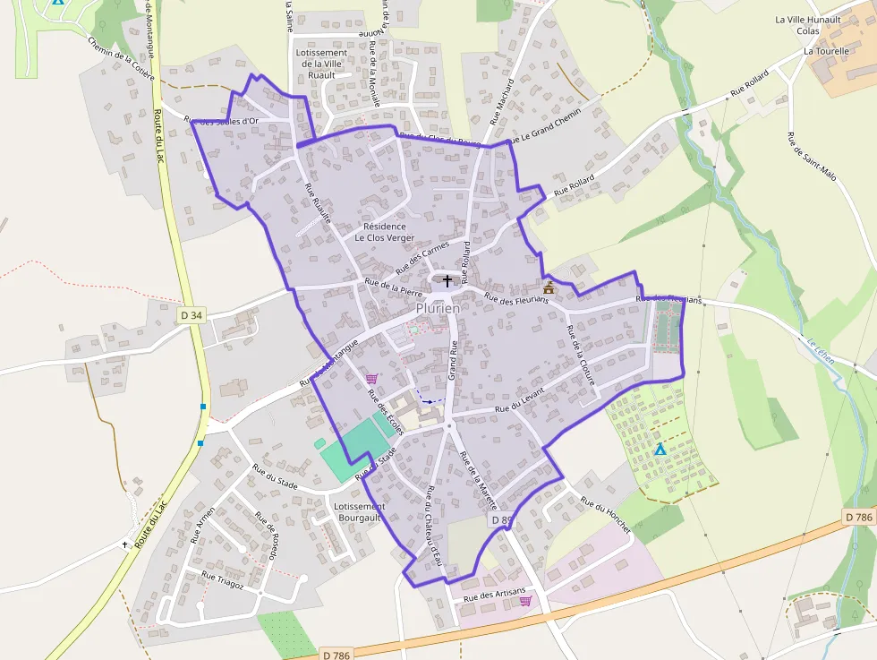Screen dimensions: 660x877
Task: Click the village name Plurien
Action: click(x=438, y=308)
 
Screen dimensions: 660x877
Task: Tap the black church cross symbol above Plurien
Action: click(x=447, y=281)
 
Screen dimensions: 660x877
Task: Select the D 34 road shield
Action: click(x=191, y=315)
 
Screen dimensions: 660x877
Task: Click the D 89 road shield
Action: click(x=502, y=519)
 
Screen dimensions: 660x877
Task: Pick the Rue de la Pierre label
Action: click(x=392, y=287)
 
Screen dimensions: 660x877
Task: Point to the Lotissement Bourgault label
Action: click(x=358, y=512)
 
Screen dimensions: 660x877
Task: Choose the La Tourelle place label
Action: click(x=826, y=51)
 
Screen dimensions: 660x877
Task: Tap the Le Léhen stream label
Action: click(x=819, y=350)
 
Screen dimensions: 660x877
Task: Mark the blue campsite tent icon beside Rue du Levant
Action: click(x=660, y=449)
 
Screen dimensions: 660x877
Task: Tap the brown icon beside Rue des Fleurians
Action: click(x=549, y=287)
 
